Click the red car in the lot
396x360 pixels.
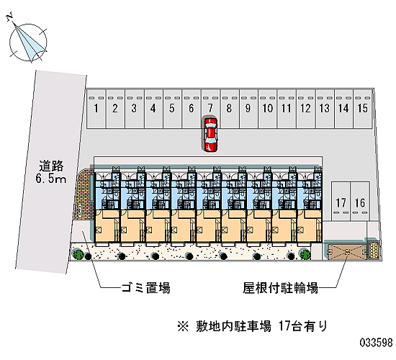pos(210,135)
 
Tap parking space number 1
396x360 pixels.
pos(96,109)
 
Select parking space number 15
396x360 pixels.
pos(363,109)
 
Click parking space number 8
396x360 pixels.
pos(229,109)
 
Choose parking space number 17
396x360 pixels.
pos(341,202)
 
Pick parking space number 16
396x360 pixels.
pos(360,202)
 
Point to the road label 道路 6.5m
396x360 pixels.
pos(51,171)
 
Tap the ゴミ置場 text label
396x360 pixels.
pos(145,288)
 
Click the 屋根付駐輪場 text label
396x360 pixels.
pos(280,288)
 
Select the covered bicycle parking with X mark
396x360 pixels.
pos(345,251)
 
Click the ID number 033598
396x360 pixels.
pos(376,343)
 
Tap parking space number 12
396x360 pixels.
pos(305,109)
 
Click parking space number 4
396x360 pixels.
pos(153,109)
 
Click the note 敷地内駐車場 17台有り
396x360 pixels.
pos(253,326)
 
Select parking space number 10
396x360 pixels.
pos(267,109)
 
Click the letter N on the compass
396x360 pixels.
pos(10,17)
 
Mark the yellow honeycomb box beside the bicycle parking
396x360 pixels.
pos(374,251)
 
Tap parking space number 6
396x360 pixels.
pos(192,109)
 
